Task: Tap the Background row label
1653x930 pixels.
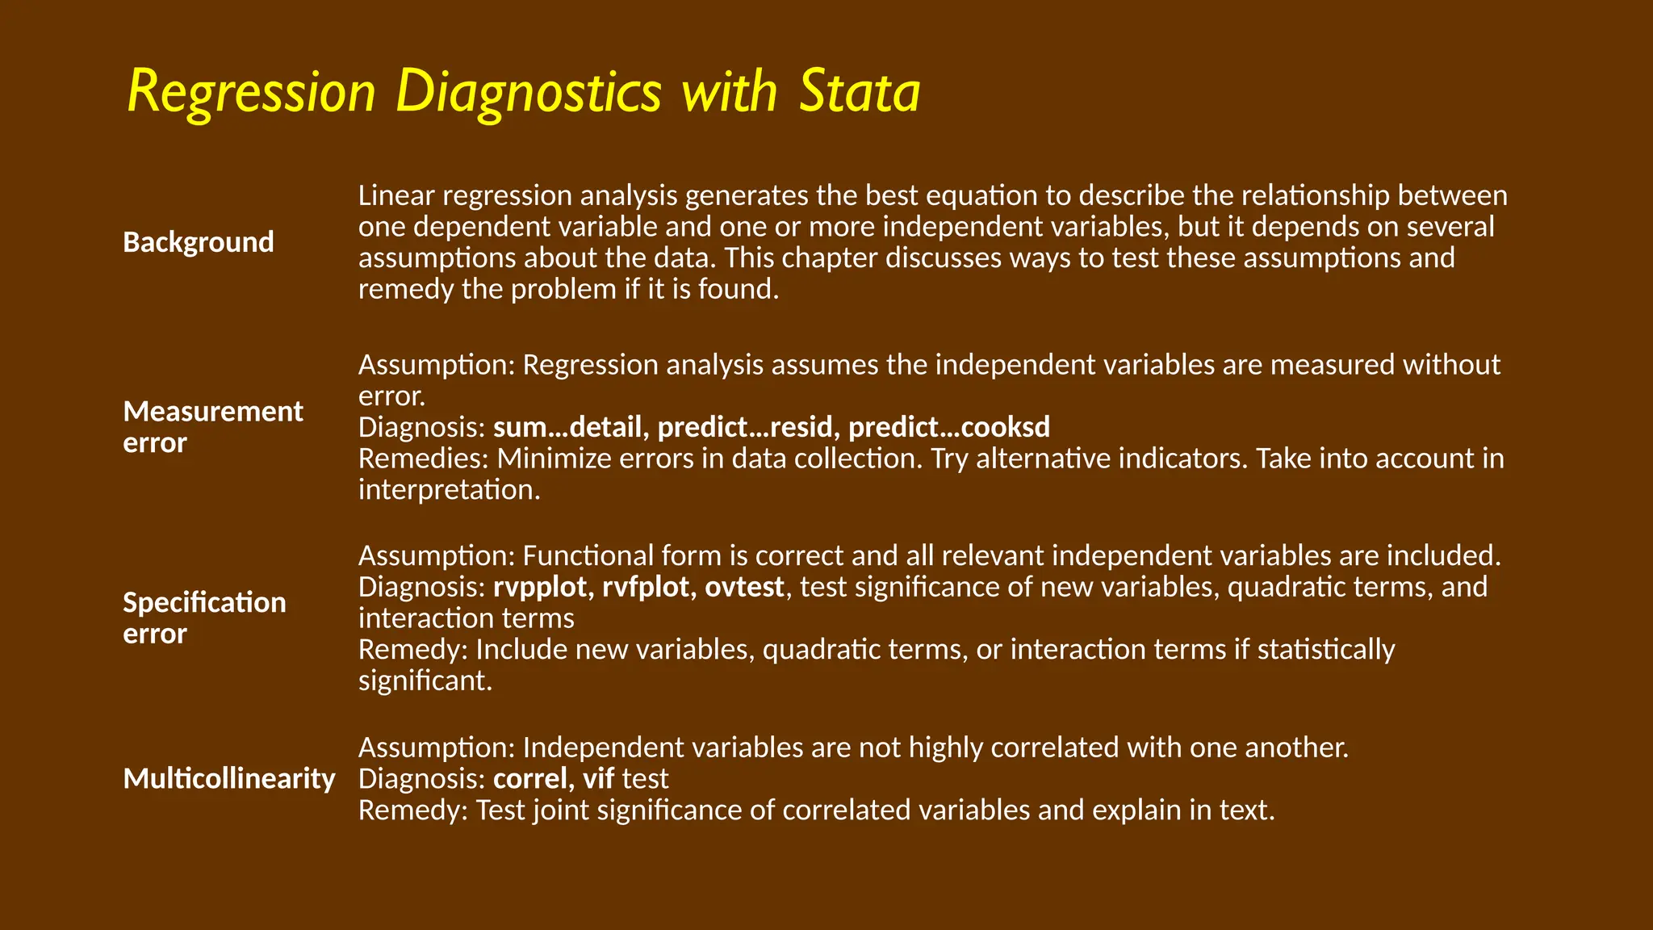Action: [199, 242]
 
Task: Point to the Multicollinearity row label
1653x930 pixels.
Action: [229, 779]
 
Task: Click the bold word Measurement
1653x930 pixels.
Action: [213, 412]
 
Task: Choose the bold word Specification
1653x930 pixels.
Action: [204, 603]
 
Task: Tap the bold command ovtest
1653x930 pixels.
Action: [744, 587]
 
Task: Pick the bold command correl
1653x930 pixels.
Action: [530, 779]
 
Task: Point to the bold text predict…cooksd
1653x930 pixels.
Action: [949, 427]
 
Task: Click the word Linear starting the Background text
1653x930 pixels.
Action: [396, 195]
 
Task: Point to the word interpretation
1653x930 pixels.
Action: [448, 490]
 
